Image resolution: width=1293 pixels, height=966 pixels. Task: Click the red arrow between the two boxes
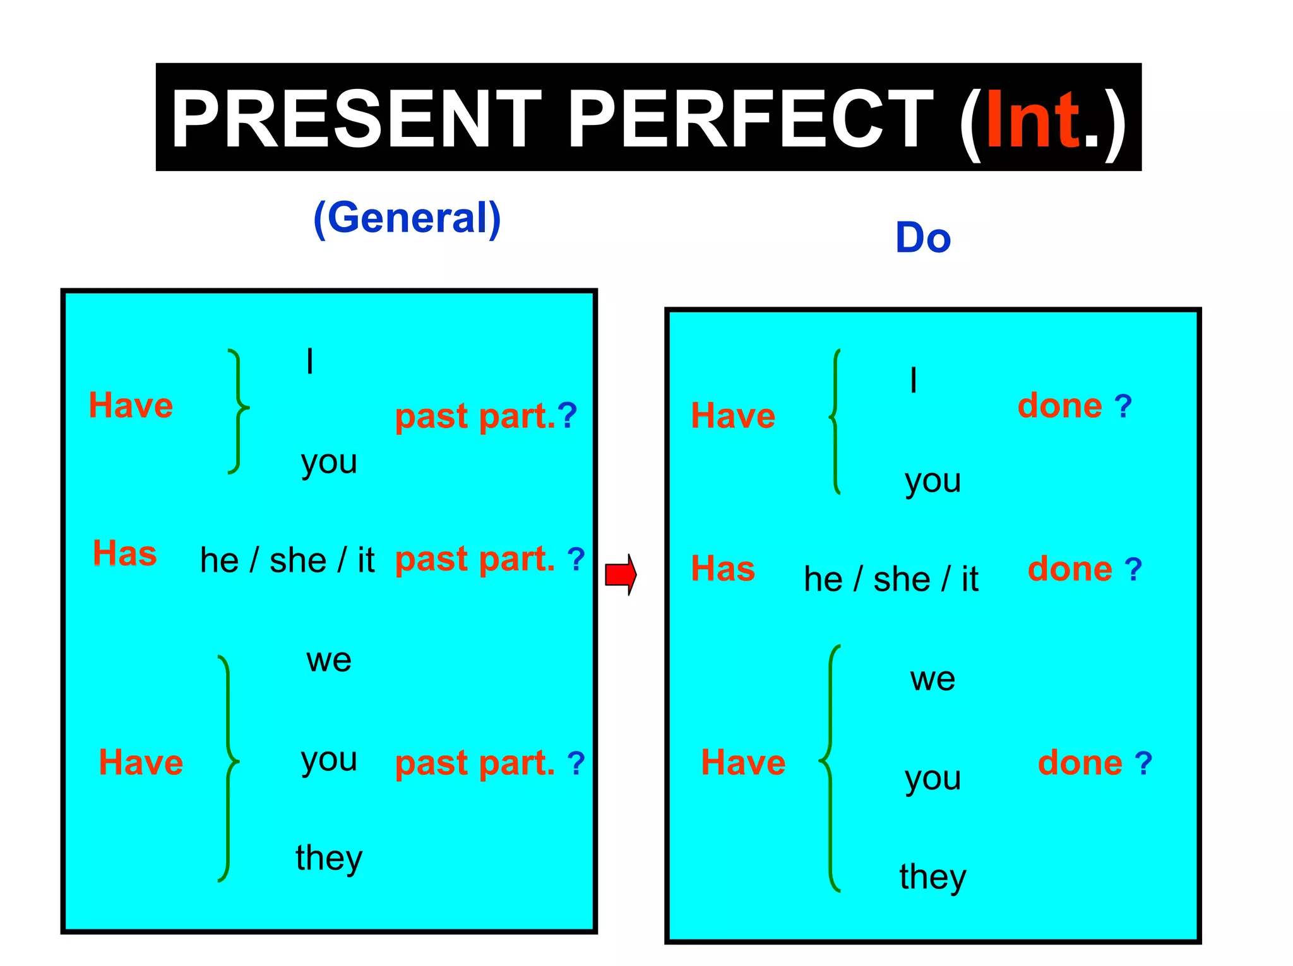(x=621, y=574)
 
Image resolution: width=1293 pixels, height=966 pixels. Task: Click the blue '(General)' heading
(x=407, y=218)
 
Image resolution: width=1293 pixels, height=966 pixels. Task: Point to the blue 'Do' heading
(x=923, y=238)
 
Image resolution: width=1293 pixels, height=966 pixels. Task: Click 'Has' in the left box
(x=125, y=553)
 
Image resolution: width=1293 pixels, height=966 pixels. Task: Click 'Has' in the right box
(x=723, y=568)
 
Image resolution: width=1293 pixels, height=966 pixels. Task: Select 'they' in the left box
(x=329, y=858)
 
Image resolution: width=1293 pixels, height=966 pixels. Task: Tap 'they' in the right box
(x=933, y=877)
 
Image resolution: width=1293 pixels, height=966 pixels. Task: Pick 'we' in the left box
(x=329, y=661)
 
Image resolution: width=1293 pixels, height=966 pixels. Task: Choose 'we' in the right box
(x=933, y=680)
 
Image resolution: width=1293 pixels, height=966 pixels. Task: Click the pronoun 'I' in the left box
(x=309, y=362)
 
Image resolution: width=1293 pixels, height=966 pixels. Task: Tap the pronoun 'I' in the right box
(x=913, y=380)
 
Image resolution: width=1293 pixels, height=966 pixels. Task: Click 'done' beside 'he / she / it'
(x=1070, y=569)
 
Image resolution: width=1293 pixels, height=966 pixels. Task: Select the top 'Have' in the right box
(x=733, y=416)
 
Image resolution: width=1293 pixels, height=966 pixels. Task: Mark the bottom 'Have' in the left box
(x=141, y=762)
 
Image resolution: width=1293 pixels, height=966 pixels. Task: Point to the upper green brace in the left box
(x=237, y=410)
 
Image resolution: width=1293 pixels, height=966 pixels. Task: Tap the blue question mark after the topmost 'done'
(x=1123, y=406)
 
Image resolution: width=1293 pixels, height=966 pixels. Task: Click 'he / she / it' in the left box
(x=287, y=560)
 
